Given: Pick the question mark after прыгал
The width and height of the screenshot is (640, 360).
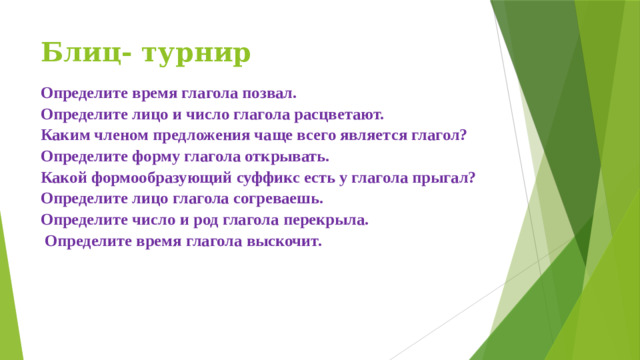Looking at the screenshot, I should click(472, 178).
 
